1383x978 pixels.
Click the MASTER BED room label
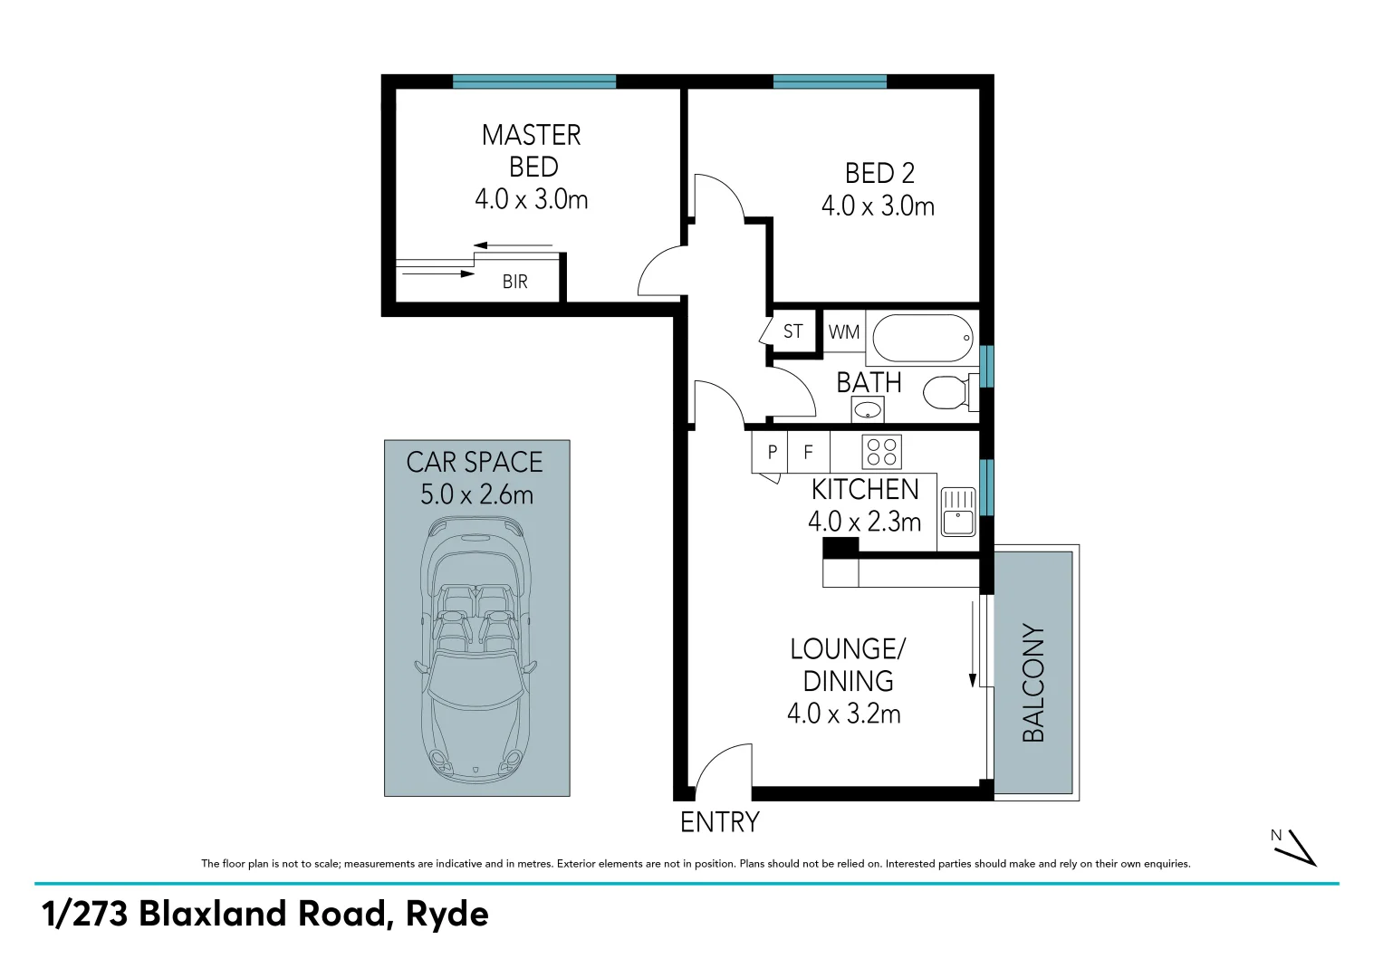[x=532, y=150]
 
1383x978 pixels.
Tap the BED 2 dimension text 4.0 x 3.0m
[x=878, y=206]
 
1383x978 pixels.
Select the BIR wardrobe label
[x=514, y=282]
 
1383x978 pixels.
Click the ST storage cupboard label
[x=792, y=331]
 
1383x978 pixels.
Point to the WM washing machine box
[x=844, y=332]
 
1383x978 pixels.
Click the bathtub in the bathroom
[x=922, y=338]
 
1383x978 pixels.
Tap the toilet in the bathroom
[x=946, y=392]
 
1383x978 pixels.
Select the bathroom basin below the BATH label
[x=868, y=410]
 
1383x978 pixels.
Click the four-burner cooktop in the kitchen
[x=881, y=451]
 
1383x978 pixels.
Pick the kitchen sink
[x=957, y=513]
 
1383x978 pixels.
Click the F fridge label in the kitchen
[x=809, y=451]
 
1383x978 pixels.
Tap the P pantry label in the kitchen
[x=772, y=451]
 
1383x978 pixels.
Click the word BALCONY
[x=1033, y=683]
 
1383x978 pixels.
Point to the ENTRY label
[x=719, y=822]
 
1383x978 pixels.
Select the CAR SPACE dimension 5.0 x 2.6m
[x=476, y=495]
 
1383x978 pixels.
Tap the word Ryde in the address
[x=447, y=914]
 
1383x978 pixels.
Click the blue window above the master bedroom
[x=534, y=81]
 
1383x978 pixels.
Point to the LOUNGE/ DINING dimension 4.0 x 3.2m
[x=843, y=714]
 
